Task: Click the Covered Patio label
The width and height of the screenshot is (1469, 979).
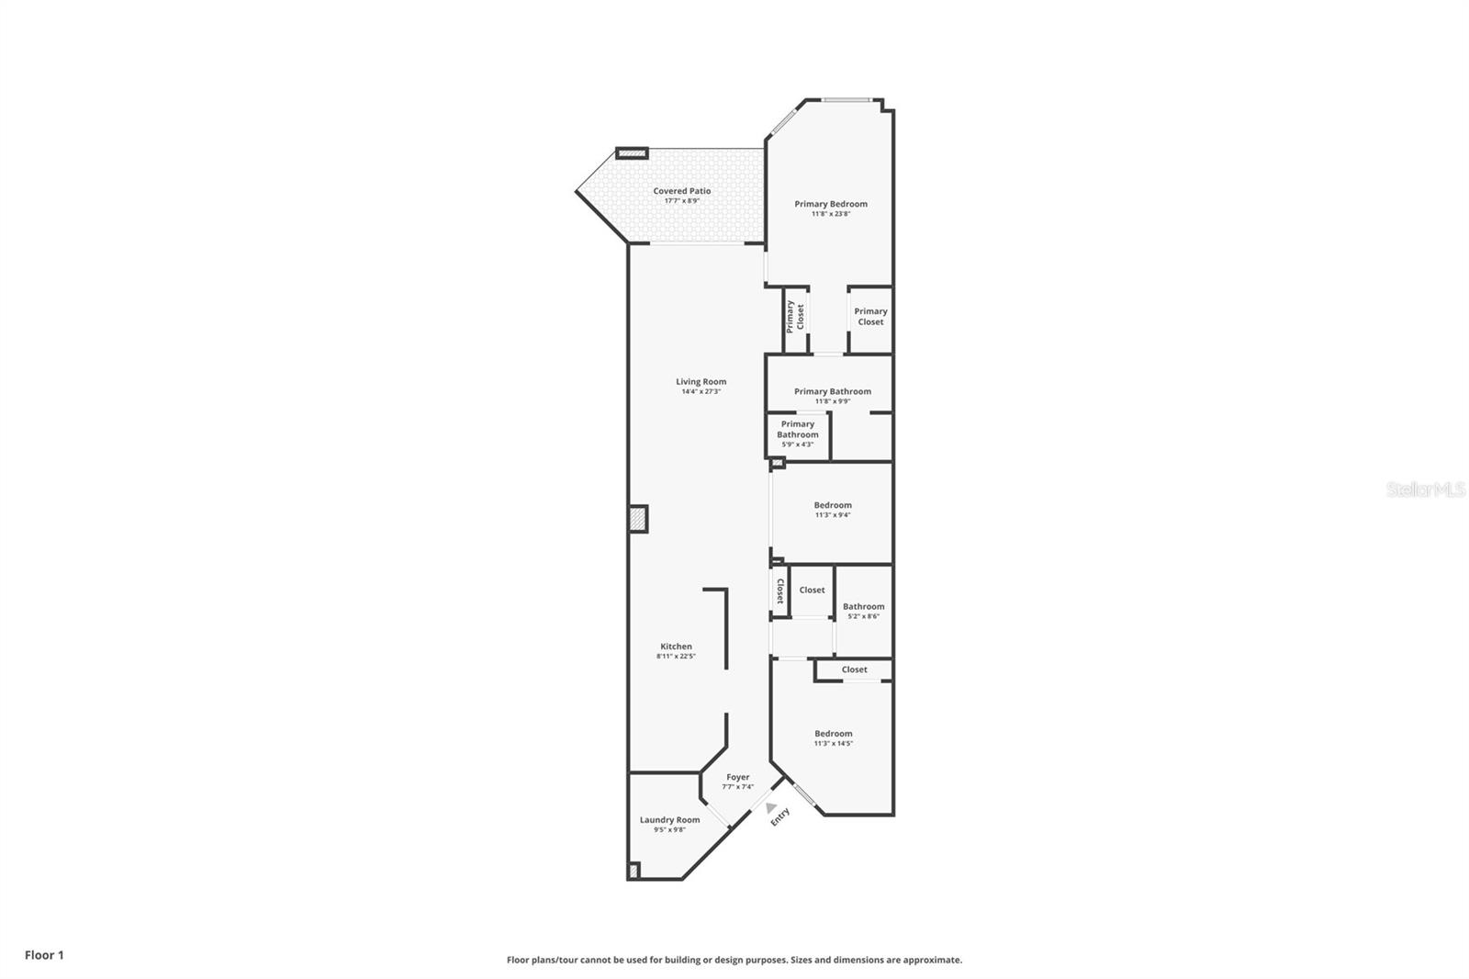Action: point(682,191)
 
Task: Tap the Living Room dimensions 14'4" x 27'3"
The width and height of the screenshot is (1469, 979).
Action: point(701,392)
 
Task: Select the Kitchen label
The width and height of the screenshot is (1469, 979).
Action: point(676,647)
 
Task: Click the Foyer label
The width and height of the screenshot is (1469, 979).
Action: point(737,777)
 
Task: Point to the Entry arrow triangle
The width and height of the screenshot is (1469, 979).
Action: point(771,807)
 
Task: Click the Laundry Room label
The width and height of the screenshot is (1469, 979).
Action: point(669,820)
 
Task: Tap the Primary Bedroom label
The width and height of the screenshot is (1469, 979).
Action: point(831,204)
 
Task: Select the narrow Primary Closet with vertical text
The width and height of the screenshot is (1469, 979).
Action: point(795,317)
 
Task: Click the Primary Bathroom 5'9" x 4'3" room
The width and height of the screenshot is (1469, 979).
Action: point(797,433)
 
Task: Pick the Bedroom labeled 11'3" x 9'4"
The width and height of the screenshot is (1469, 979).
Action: point(833,510)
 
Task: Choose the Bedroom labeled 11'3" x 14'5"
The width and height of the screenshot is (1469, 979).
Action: point(833,737)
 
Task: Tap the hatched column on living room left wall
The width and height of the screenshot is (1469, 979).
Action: point(638,519)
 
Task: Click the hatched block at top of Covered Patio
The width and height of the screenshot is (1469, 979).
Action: point(632,153)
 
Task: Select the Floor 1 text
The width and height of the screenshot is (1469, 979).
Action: point(44,955)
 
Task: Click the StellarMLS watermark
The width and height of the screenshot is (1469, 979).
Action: point(1425,490)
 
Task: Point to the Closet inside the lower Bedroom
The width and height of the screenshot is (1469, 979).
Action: point(854,670)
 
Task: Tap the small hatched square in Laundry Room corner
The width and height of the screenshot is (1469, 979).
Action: point(633,870)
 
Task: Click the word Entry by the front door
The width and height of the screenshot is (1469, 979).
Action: point(779,816)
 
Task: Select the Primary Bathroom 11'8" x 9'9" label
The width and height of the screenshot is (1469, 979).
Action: point(832,391)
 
